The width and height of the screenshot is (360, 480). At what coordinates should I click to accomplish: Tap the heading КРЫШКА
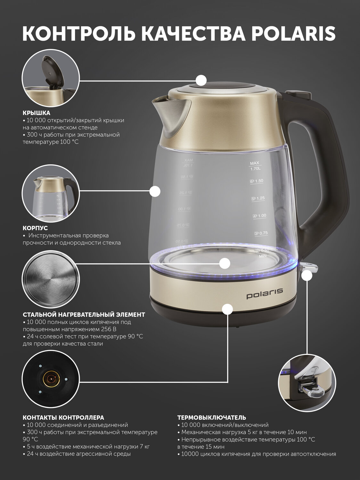click(37, 113)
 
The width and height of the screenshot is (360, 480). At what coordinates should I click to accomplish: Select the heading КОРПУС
click(35, 228)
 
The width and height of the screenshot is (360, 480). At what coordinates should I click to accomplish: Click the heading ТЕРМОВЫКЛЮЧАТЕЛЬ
click(212, 418)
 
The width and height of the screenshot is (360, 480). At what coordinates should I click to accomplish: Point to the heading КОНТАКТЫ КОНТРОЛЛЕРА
click(63, 418)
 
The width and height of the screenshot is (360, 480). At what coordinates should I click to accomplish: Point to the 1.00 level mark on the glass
click(259, 216)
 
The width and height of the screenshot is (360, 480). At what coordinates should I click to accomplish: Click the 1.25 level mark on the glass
click(258, 198)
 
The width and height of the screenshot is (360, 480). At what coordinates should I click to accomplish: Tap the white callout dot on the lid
click(201, 81)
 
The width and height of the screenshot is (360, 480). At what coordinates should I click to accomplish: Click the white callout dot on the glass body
click(155, 191)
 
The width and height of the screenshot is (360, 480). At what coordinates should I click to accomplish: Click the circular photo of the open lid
click(51, 78)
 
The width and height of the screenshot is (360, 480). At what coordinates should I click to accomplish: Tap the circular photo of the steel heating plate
click(51, 279)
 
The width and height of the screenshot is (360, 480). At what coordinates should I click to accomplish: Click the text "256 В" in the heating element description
click(109, 329)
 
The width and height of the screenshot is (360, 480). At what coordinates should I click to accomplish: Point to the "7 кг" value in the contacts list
click(144, 446)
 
